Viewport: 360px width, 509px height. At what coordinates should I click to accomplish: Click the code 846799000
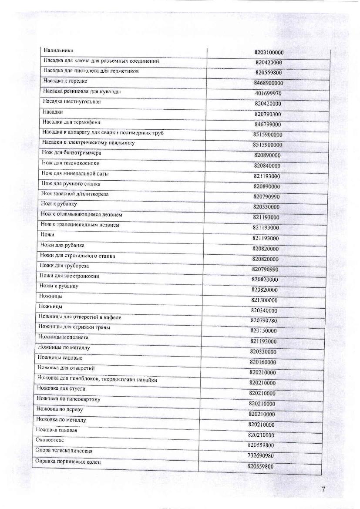click(268, 125)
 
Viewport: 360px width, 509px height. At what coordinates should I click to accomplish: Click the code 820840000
click(267, 166)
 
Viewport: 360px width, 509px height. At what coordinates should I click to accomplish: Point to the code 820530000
click(266, 207)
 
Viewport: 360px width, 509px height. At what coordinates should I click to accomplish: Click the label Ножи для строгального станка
click(77, 256)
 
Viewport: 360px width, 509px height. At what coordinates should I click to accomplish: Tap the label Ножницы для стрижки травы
click(74, 327)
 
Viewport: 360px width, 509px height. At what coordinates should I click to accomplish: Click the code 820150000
click(263, 331)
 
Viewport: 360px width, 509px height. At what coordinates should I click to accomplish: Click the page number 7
click(323, 489)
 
